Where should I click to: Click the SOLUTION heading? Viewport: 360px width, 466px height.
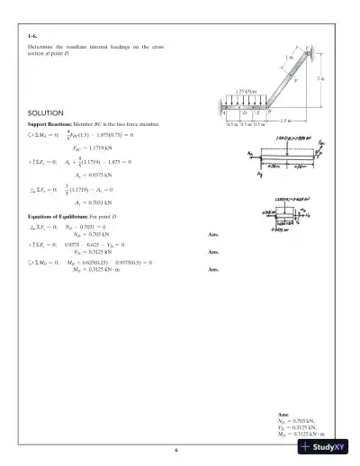(x=47, y=112)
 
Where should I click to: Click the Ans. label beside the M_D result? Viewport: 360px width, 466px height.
(x=213, y=270)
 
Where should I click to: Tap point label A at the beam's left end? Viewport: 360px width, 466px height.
(x=222, y=113)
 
